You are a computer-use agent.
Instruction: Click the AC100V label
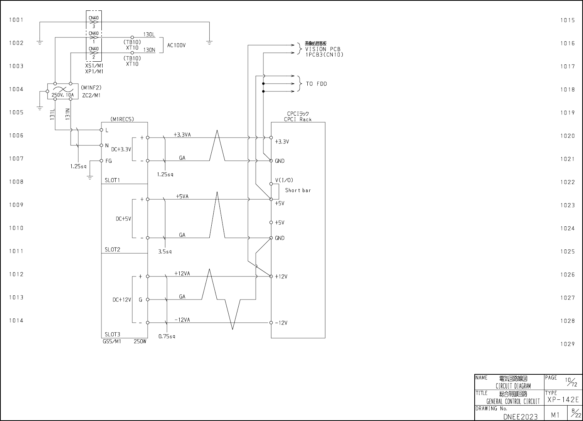[x=176, y=45]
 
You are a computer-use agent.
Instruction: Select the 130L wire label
[x=149, y=35]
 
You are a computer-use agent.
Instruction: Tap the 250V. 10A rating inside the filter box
[x=63, y=95]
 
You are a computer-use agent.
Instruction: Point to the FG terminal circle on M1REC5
[x=101, y=161]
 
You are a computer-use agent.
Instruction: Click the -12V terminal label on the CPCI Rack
[x=281, y=323]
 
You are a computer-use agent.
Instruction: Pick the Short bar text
[x=298, y=190]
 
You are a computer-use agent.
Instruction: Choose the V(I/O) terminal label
[x=284, y=180]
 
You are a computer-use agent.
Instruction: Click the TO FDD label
[x=317, y=84]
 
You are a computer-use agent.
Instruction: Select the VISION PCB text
[x=323, y=49]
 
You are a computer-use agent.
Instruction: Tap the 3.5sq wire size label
[x=165, y=252]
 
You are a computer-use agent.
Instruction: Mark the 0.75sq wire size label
[x=167, y=337]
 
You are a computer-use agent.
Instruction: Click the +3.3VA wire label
[x=182, y=135]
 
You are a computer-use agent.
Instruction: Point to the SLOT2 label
[x=113, y=249]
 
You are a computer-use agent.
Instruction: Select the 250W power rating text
[x=140, y=341]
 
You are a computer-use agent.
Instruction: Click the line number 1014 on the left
[x=16, y=320]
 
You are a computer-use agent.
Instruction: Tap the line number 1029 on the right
[x=568, y=344]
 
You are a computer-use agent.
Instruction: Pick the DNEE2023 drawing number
[x=521, y=417]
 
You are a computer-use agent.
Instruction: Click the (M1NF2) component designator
[x=91, y=88]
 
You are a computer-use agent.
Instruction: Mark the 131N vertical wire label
[x=68, y=114]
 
